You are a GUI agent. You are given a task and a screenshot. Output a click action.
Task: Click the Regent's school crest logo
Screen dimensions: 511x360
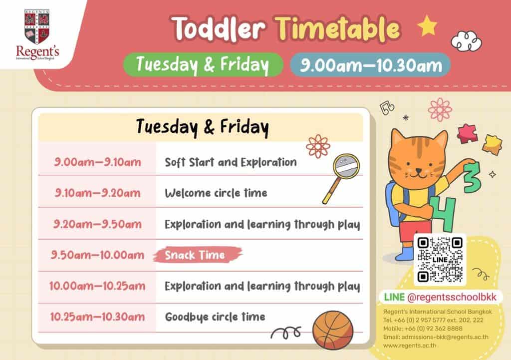click(x=37, y=34)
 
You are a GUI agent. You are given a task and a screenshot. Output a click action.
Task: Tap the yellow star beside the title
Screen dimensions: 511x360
click(x=427, y=25)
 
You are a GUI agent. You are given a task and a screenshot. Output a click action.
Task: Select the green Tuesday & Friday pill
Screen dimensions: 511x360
click(x=203, y=64)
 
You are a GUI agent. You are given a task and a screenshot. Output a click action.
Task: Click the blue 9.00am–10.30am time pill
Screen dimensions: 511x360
click(x=370, y=65)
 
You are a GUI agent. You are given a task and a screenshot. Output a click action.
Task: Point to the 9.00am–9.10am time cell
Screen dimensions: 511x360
click(x=97, y=162)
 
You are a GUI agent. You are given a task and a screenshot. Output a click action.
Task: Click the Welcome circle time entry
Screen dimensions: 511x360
click(x=216, y=193)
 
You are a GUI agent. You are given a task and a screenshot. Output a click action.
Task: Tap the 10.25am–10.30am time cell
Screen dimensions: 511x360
click(x=97, y=317)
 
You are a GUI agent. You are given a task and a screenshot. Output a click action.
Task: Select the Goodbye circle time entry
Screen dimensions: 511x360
click(x=215, y=317)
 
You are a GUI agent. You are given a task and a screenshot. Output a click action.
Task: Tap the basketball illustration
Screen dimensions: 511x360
click(x=332, y=330)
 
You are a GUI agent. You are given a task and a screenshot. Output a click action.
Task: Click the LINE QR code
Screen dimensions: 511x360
click(x=440, y=260)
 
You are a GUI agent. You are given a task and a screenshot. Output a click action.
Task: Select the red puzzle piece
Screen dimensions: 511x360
click(x=467, y=133)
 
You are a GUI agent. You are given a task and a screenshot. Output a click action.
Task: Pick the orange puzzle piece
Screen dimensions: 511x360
click(x=492, y=144)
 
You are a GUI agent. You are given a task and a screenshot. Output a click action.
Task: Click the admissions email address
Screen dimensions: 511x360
click(x=436, y=337)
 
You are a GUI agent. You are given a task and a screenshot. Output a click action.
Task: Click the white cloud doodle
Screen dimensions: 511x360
click(x=466, y=41)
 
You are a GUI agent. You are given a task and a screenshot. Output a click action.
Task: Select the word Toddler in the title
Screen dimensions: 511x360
click(x=219, y=28)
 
